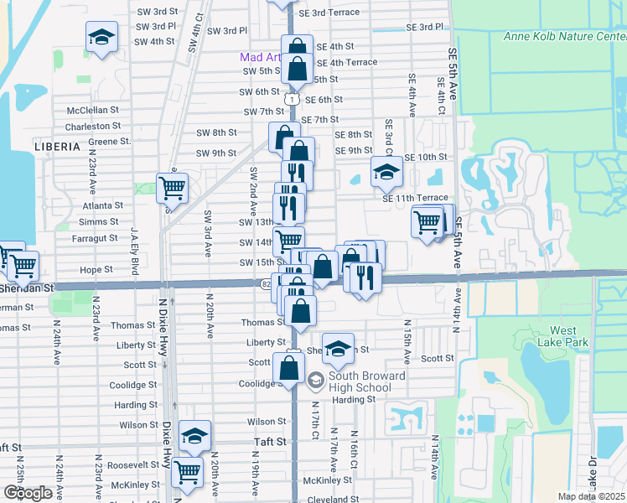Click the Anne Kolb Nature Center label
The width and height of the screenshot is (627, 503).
click(x=565, y=36)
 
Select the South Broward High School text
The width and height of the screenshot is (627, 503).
click(x=355, y=381)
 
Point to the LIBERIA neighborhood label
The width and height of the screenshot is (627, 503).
click(x=57, y=146)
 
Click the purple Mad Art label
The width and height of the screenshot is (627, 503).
click(x=260, y=58)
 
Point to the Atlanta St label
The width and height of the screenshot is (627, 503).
click(x=102, y=205)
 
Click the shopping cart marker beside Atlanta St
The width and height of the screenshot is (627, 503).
click(x=172, y=188)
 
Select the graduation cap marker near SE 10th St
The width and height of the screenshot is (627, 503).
click(x=386, y=173)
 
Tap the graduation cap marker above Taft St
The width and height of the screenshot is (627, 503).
click(x=194, y=435)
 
